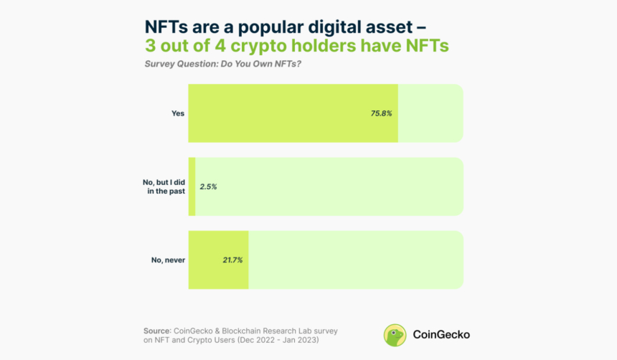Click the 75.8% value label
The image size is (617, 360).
point(381,113)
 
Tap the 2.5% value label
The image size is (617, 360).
point(208,186)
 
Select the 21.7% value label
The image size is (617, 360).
point(232,260)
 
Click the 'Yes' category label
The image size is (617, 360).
point(178,113)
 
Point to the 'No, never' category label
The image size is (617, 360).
point(168,260)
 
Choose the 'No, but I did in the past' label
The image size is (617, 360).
point(164,186)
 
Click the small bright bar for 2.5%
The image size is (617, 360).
point(192,186)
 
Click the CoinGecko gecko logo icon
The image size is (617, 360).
point(395,335)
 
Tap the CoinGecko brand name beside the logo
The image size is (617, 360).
point(441,335)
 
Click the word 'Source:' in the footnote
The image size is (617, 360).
point(157,331)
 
